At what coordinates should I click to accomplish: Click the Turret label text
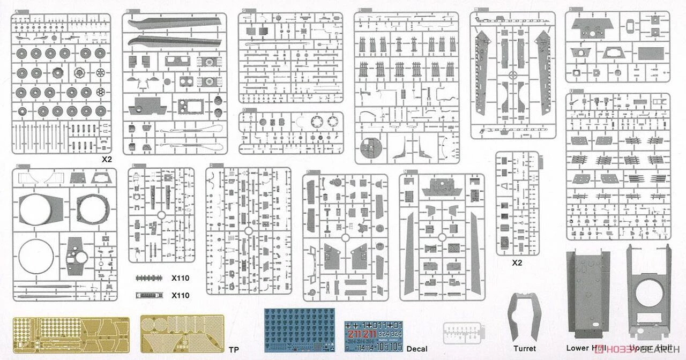(x=524, y=348)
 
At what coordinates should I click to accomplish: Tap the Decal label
(x=416, y=349)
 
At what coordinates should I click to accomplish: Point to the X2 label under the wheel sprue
(x=107, y=160)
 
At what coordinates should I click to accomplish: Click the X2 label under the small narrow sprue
(x=517, y=262)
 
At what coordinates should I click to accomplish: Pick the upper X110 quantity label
(x=180, y=278)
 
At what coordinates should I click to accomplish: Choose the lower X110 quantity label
(x=180, y=295)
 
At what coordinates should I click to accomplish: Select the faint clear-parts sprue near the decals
(x=460, y=332)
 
